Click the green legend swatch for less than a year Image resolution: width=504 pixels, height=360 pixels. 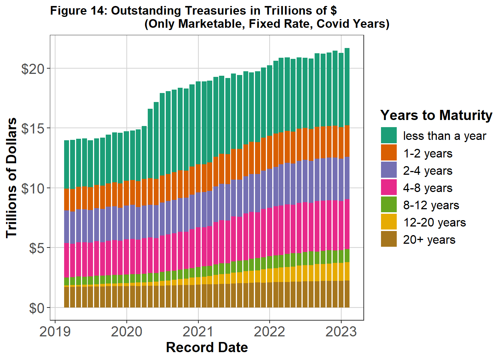[388, 135]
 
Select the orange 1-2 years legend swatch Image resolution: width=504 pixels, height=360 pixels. [388, 153]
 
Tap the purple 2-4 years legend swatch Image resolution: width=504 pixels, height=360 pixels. [388, 170]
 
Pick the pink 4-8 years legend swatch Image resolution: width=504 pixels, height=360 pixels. [388, 187]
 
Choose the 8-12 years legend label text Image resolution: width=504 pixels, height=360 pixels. [431, 205]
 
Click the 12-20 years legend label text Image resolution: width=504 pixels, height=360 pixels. [434, 222]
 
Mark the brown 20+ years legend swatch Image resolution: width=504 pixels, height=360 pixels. [388, 239]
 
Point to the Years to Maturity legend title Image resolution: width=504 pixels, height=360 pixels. [436, 115]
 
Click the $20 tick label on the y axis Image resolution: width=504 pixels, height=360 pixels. [33, 69]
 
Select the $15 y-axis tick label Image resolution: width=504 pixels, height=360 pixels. [33, 129]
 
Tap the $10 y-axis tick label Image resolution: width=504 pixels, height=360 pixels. [33, 188]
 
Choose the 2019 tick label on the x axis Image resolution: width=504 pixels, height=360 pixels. [55, 331]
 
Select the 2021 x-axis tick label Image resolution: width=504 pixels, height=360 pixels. [198, 331]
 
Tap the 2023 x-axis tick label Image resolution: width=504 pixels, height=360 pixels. [341, 331]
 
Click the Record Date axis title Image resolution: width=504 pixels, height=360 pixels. [207, 348]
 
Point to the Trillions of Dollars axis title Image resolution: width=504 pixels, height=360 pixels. [12, 178]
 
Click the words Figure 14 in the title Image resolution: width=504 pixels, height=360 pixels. [78, 10]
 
